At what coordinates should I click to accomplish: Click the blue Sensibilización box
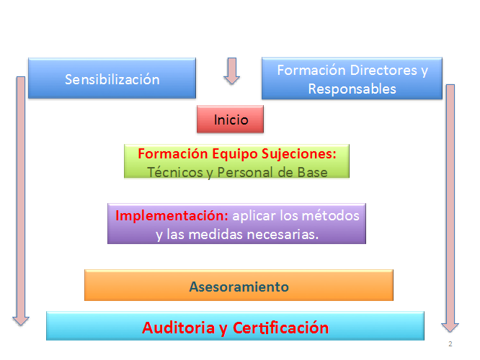pos(112,78)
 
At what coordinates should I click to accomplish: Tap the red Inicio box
pos(230,119)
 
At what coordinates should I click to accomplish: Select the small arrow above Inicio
pos(232,71)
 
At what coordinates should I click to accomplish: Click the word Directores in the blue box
pos(383,70)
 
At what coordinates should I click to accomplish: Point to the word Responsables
pos(352,89)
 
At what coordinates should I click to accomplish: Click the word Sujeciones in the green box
pos(299,154)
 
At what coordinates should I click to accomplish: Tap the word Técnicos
pos(175,172)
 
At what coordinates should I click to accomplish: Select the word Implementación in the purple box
pos(172,216)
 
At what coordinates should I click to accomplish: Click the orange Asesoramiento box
pos(239,285)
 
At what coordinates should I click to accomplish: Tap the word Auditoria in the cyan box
pos(179,328)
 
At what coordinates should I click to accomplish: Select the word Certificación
pos(280,328)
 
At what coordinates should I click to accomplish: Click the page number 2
pos(450,343)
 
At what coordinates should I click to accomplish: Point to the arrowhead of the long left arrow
pos(21,321)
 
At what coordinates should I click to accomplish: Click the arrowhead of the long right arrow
pos(450,328)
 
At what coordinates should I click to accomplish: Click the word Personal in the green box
pos(245,172)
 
